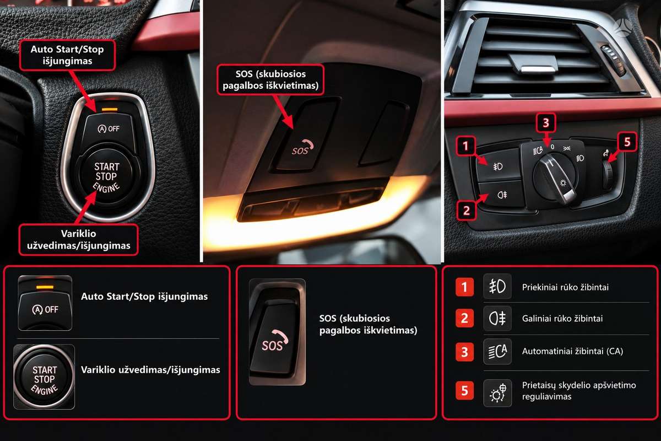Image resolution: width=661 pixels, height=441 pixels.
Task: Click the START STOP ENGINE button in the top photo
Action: [x=107, y=176]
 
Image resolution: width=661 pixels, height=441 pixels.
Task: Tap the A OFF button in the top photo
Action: [x=109, y=129]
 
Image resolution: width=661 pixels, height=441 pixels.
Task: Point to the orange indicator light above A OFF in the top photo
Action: [x=110, y=109]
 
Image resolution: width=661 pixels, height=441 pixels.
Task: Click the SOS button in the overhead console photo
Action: [x=304, y=135]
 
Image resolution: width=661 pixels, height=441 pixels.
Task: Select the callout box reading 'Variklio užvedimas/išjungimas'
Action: [x=78, y=240]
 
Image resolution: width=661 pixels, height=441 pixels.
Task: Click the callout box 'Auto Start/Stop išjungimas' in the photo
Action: [x=67, y=55]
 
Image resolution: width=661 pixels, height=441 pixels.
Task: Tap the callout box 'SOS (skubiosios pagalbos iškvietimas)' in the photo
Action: [x=270, y=80]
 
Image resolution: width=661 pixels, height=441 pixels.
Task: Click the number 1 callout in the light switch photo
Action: [x=465, y=146]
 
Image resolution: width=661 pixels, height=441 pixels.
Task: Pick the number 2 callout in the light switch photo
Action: [x=466, y=211]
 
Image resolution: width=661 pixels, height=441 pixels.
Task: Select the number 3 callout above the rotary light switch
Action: [x=546, y=122]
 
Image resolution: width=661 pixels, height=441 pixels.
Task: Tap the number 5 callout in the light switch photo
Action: [x=627, y=142]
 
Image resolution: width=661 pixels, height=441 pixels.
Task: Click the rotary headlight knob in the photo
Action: [x=555, y=178]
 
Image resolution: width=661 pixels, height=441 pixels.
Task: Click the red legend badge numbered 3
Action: [x=464, y=352]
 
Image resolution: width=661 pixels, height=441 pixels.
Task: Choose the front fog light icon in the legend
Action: [x=497, y=286]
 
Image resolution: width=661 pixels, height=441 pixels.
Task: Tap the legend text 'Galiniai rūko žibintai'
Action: [x=562, y=319]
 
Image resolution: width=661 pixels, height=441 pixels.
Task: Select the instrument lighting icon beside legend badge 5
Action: [x=497, y=393]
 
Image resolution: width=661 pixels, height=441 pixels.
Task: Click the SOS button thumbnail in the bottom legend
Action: [x=277, y=332]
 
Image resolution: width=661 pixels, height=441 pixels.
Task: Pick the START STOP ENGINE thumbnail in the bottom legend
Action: [x=44, y=377]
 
